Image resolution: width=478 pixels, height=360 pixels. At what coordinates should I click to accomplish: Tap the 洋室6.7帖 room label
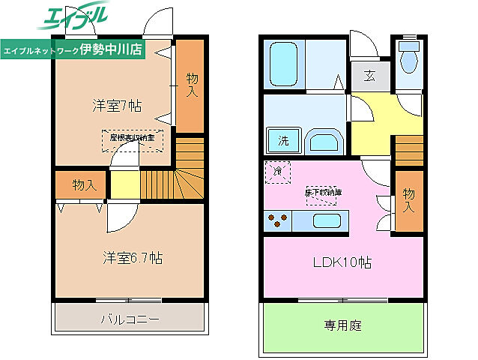click(x=133, y=257)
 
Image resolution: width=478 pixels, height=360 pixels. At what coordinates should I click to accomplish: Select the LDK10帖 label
click(x=342, y=262)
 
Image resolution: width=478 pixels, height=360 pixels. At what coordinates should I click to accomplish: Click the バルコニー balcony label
click(x=130, y=319)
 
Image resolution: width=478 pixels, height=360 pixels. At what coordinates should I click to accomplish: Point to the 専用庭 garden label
click(x=342, y=325)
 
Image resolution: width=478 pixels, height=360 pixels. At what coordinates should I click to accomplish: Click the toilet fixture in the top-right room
click(x=409, y=58)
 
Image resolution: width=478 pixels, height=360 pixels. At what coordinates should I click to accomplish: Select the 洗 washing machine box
click(x=283, y=140)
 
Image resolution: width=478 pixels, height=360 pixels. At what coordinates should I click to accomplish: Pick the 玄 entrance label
click(x=369, y=75)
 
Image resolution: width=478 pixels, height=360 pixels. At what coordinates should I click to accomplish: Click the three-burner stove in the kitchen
click(x=278, y=221)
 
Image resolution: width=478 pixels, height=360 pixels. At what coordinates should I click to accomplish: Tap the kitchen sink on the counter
click(x=327, y=221)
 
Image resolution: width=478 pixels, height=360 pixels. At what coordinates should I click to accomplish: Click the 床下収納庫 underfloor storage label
click(x=322, y=193)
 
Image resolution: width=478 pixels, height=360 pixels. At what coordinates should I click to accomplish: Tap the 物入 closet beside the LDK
click(x=408, y=199)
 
